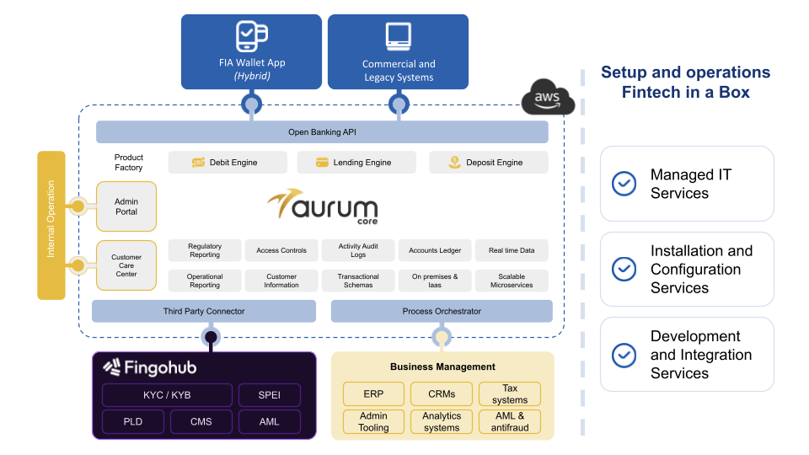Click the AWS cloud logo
click(548, 99)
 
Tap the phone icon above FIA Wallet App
click(251, 37)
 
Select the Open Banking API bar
click(322, 132)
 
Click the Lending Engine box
click(355, 163)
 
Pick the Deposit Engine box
click(488, 163)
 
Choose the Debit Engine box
click(228, 163)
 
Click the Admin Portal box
click(126, 206)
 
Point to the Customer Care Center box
click(126, 265)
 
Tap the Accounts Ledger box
click(435, 250)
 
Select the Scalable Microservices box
click(512, 281)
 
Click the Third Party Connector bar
click(204, 311)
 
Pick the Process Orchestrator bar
click(442, 311)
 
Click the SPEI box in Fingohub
click(270, 395)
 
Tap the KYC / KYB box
click(167, 395)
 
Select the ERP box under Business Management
click(373, 394)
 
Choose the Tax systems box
click(510, 394)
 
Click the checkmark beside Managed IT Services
click(624, 184)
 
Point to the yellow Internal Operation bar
click(51, 225)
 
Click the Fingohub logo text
click(149, 367)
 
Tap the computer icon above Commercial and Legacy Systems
click(398, 35)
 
